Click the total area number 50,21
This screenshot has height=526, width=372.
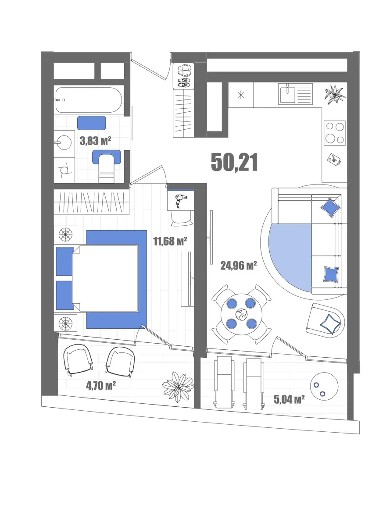tap(234, 162)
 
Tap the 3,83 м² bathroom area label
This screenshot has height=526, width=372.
tap(95, 141)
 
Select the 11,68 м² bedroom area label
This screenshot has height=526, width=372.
tap(170, 241)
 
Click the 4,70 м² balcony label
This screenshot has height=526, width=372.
tap(101, 386)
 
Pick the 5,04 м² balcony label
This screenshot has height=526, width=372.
tap(289, 399)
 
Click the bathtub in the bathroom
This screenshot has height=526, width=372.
tap(89, 100)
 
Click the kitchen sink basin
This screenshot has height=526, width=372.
tap(287, 93)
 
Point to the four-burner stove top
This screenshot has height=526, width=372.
tap(334, 133)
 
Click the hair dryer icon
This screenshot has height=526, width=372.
tap(180, 199)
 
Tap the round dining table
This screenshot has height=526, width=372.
tap(241, 314)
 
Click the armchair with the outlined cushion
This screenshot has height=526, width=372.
tap(325, 320)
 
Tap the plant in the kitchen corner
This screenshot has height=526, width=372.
tap(335, 95)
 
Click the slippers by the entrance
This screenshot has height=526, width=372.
tap(183, 71)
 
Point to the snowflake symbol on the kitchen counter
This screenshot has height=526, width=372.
tap(241, 95)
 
